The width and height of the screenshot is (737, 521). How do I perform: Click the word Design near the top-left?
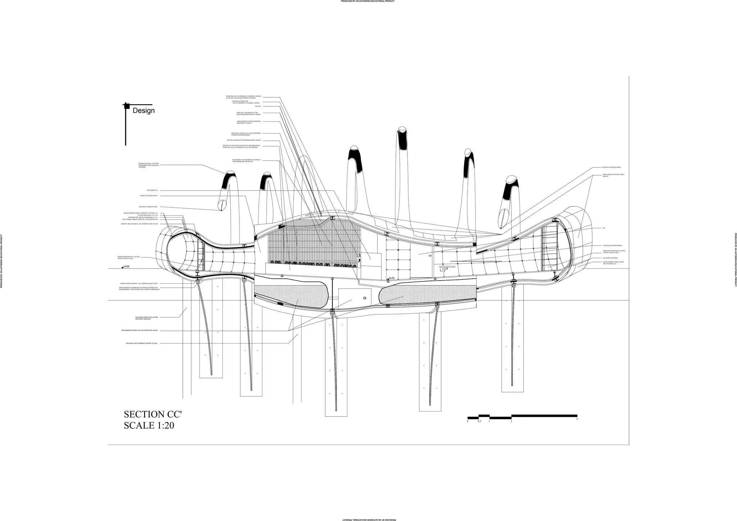click(x=144, y=111)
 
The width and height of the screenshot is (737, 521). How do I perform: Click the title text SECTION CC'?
click(x=153, y=414)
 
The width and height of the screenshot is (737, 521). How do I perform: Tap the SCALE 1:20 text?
click(x=149, y=425)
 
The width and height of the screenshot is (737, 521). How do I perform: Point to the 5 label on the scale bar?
click(x=577, y=419)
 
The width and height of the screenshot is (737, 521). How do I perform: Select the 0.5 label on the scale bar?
click(x=479, y=421)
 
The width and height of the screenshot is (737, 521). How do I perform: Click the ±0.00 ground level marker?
click(x=126, y=266)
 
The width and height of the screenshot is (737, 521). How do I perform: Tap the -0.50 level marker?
click(x=392, y=278)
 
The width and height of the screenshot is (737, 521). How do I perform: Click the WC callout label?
click(x=604, y=228)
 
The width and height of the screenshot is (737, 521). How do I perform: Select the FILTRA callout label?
click(x=258, y=106)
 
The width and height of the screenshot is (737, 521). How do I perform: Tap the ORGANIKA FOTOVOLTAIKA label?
click(x=613, y=175)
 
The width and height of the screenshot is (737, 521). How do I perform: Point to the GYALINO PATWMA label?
click(x=610, y=258)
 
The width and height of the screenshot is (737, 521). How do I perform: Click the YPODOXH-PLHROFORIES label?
click(x=612, y=246)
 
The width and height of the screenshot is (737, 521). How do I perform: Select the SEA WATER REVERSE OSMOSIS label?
click(x=146, y=318)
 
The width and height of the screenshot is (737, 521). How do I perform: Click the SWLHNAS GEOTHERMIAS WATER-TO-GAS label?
click(x=142, y=343)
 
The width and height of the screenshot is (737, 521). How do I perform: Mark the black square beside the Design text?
click(x=126, y=106)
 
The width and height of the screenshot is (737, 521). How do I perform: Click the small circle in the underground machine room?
click(x=365, y=298)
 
